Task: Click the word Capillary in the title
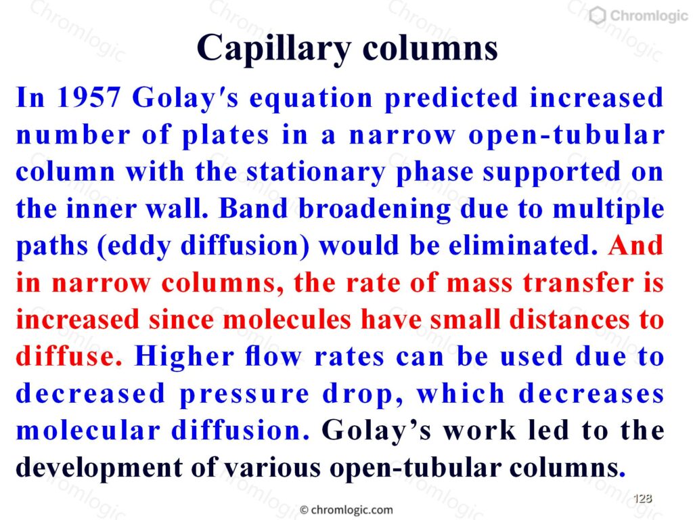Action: pyautogui.click(x=274, y=49)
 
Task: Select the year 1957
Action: pyautogui.click(x=89, y=97)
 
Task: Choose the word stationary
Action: pyautogui.click(x=315, y=173)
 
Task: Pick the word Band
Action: pyautogui.click(x=253, y=209)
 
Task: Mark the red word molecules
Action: pyautogui.click(x=287, y=320)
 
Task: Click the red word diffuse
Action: pyautogui.click(x=69, y=356)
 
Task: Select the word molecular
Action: pyautogui.click(x=88, y=430)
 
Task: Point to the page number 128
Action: pyautogui.click(x=643, y=498)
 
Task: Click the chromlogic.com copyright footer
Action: pyautogui.click(x=346, y=510)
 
